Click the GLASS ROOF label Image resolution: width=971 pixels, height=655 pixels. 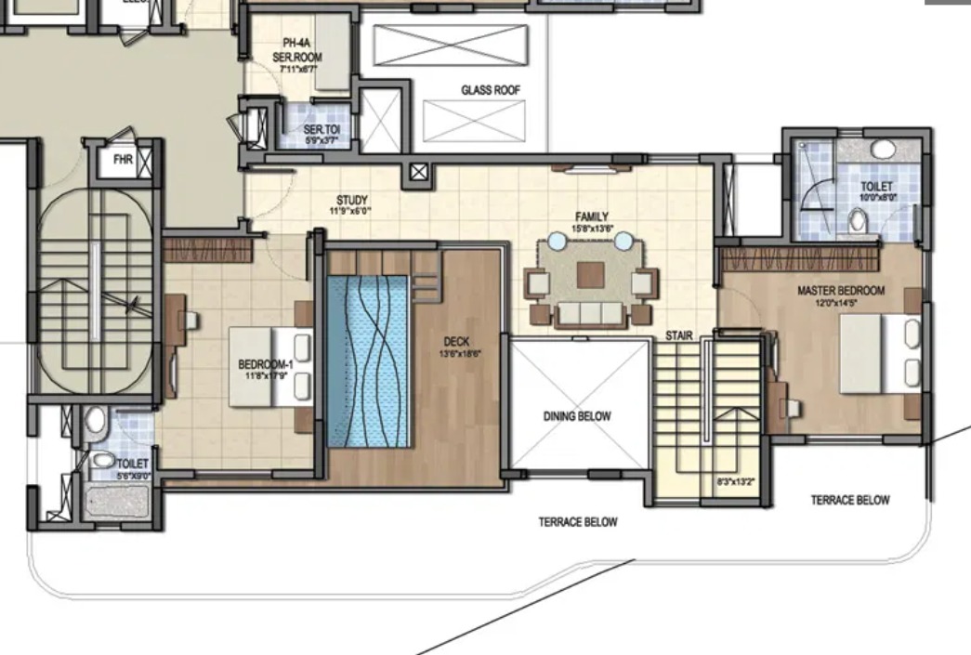(x=491, y=90)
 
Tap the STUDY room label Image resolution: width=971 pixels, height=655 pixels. (x=352, y=200)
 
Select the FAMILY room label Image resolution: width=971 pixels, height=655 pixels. (x=591, y=216)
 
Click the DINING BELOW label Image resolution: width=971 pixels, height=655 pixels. (x=577, y=416)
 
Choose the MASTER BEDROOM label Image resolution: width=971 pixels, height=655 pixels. (x=841, y=291)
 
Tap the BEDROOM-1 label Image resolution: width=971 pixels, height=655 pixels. (x=266, y=365)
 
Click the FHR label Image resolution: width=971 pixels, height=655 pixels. (x=124, y=160)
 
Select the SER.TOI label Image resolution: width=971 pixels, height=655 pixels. (x=321, y=129)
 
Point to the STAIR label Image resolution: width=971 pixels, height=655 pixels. (x=678, y=335)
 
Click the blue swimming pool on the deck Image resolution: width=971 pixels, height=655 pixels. (x=369, y=361)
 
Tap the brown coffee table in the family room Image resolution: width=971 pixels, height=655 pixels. (x=590, y=274)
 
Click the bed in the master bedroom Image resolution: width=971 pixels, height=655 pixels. (x=879, y=354)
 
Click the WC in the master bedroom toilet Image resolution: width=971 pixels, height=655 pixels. (x=858, y=220)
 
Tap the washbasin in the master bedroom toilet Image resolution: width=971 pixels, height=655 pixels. (x=883, y=149)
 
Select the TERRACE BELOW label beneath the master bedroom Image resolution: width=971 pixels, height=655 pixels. (x=849, y=500)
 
